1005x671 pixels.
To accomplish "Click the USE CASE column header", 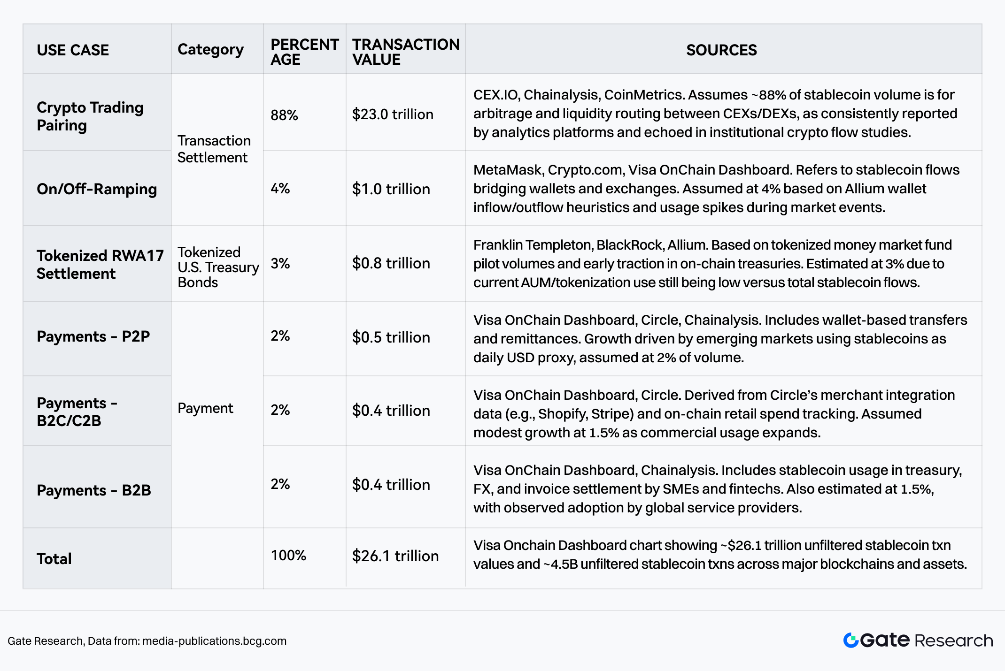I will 73,50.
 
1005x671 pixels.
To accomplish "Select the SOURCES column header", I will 721,50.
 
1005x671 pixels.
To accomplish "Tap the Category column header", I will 210,49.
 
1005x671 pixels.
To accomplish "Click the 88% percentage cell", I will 284,115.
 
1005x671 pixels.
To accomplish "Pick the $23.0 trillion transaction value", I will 393,114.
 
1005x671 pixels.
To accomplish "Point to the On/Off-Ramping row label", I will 97,189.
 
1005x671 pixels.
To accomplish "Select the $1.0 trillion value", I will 391,189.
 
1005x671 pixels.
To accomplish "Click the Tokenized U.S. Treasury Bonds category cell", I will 218,267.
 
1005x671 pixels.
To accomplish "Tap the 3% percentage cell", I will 280,263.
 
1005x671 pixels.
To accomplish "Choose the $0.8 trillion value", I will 391,263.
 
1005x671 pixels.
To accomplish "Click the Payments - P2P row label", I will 93,336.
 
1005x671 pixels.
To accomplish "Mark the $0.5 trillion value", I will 391,337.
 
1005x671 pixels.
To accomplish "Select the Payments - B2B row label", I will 94,490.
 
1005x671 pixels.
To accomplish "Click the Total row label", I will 54,558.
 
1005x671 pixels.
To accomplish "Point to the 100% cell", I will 288,555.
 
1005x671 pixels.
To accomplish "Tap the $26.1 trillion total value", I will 395,556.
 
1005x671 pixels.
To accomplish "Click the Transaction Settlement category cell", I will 214,149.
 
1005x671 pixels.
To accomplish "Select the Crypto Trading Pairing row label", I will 90,116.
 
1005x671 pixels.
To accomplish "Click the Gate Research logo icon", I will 851,640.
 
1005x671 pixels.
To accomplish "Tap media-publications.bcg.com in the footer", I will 214,641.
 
